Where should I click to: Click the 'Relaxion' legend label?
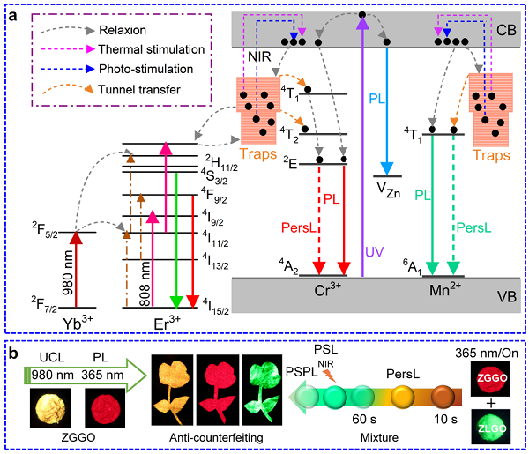coord(123,30)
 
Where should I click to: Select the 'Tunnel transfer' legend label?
coord(139,90)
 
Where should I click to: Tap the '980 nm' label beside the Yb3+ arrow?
coord(68,272)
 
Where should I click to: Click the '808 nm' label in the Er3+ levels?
coord(145,284)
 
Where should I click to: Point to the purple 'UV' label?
coord(375,252)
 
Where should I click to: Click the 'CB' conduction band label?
coord(506,30)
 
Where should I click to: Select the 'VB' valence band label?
coord(507,297)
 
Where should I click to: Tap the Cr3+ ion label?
coord(327,290)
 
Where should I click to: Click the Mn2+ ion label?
coord(445,290)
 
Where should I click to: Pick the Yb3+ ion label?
coord(78,324)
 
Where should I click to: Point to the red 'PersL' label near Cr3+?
coord(299,228)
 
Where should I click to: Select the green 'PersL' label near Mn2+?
coord(473,228)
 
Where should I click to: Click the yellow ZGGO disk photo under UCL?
coord(50,408)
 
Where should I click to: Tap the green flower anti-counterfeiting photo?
coord(262,390)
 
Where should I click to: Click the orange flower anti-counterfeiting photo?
coord(172,390)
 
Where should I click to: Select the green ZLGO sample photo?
coord(490,427)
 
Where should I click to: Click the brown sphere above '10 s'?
coord(443,397)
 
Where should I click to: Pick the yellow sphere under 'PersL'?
coord(403,397)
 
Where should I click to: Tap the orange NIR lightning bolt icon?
coord(330,375)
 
